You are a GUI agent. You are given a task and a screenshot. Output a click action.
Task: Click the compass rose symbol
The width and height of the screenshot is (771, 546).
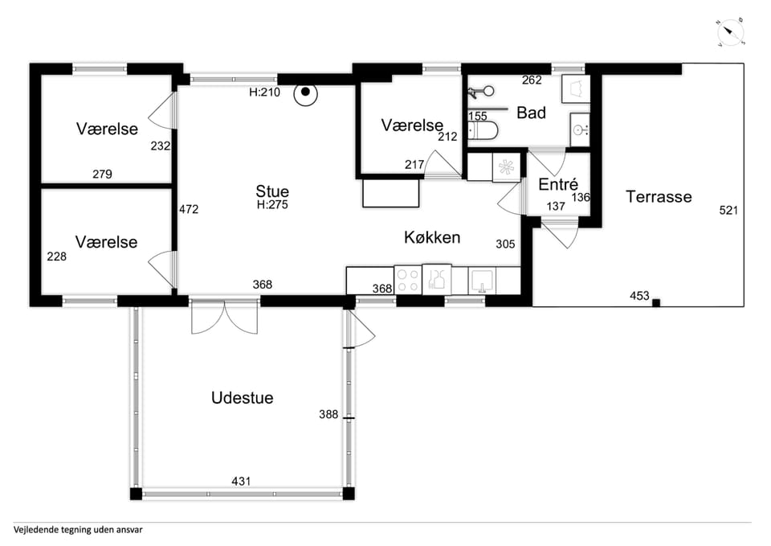730,33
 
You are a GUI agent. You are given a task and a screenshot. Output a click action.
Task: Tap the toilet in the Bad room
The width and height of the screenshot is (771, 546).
483,130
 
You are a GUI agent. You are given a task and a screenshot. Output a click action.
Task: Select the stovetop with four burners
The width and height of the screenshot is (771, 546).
408,280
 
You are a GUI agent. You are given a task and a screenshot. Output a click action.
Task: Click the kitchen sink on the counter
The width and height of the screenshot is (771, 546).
482,281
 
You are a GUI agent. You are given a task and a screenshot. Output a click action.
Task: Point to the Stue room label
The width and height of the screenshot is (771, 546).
272,191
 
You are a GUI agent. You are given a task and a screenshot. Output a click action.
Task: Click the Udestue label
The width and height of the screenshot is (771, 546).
242,397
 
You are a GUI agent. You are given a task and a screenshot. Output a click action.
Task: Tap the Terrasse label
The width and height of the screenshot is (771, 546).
659,196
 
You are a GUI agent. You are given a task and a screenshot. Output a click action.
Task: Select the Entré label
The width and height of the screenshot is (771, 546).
558,184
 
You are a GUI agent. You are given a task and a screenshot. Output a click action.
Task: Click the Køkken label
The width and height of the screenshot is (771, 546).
432,237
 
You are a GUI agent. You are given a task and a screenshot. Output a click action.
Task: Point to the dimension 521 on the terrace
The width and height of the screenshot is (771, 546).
728,210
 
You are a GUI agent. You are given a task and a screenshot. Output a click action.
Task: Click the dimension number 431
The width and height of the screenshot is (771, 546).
241,481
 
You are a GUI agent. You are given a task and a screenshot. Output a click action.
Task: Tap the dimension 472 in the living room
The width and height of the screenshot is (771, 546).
189,209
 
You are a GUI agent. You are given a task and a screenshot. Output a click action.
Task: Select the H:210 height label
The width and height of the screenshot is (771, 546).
264,92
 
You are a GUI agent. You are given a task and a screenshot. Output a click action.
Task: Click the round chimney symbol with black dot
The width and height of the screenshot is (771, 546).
305,92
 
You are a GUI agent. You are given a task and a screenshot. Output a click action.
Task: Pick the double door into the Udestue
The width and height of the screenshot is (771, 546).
224,317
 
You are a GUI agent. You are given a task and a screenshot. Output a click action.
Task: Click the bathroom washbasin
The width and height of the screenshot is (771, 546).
580,129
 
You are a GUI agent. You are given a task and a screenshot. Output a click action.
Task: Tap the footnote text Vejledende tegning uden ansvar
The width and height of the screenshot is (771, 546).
78,530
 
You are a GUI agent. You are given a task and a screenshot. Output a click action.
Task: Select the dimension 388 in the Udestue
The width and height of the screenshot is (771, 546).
328,415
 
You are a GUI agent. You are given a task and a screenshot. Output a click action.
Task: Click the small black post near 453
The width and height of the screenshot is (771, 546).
656,303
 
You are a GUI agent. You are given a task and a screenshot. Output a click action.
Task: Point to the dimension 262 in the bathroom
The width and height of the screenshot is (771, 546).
532,80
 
